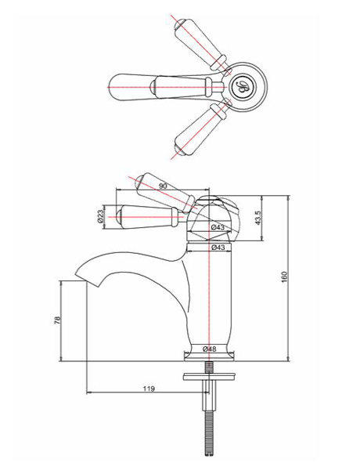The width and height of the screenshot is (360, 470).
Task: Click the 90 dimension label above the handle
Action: (162, 186)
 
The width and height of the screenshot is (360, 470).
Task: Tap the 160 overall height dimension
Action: (285, 277)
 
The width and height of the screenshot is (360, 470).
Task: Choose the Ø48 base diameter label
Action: (209, 349)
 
